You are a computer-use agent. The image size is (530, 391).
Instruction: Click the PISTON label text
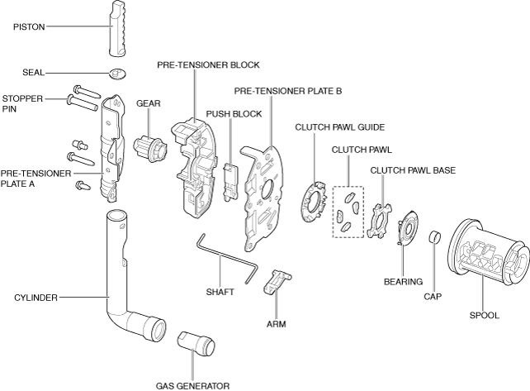29,26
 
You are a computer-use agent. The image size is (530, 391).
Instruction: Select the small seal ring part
117,74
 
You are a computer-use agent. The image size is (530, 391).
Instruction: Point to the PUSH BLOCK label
234,114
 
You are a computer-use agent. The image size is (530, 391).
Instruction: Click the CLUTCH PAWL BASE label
413,170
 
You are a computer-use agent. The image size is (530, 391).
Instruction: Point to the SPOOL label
484,314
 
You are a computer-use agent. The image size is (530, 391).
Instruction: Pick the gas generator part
196,341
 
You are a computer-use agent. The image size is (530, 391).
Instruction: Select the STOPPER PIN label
22,103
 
